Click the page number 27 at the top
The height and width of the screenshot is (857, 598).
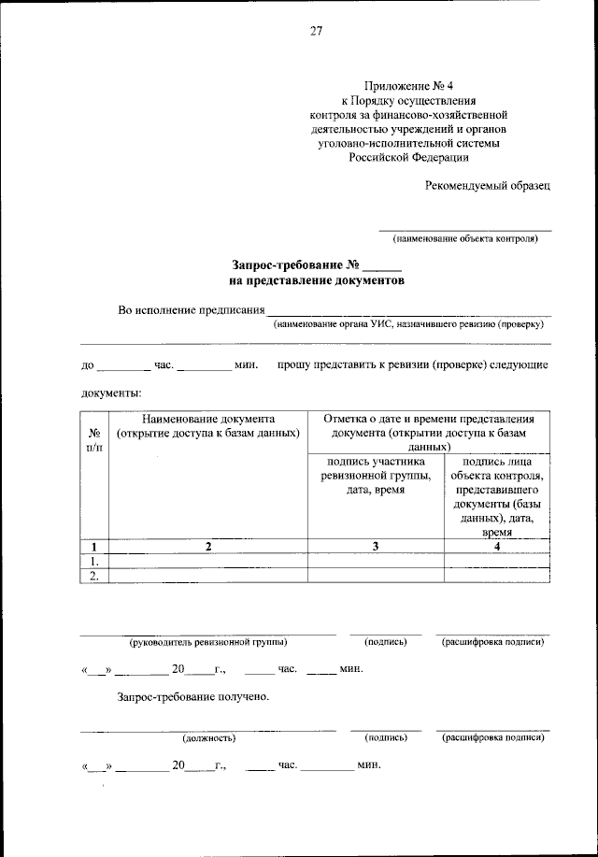click(316, 32)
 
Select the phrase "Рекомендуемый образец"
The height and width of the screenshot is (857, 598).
click(488, 185)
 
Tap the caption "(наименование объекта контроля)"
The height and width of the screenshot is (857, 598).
click(464, 238)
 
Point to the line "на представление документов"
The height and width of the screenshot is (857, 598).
click(317, 280)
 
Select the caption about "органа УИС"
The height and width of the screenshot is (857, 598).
click(407, 324)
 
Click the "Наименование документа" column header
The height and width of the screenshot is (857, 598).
click(208, 425)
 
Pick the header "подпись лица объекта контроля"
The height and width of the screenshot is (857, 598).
click(496, 495)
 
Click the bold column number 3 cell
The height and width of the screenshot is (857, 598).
click(375, 546)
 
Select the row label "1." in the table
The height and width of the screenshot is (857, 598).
click(94, 561)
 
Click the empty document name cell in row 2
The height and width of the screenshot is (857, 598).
click(208, 576)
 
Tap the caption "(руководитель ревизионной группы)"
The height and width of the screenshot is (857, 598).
click(207, 642)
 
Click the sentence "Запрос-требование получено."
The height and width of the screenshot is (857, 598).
click(193, 696)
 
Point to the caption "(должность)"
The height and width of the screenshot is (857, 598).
click(208, 737)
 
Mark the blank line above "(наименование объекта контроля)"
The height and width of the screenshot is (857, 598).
click(464, 229)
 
